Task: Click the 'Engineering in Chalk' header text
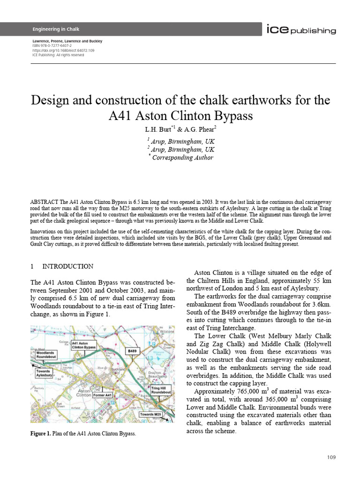56,30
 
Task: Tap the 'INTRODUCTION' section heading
68,266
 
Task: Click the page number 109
331,457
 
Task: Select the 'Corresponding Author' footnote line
182,157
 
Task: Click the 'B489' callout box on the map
132,350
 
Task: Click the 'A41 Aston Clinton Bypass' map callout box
83,345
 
